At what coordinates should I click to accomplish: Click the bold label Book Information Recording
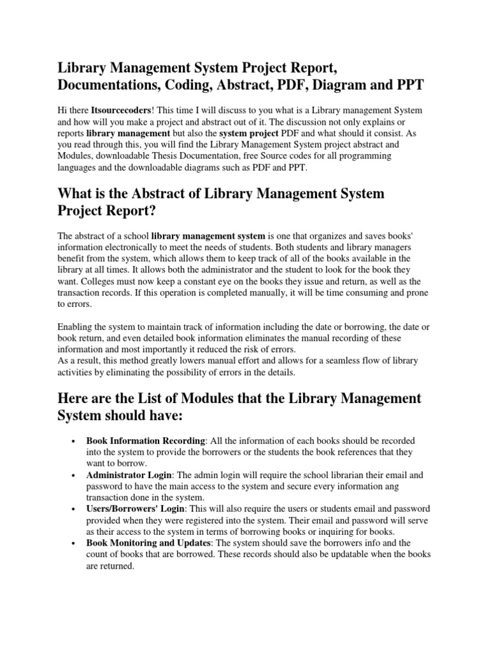pos(146,441)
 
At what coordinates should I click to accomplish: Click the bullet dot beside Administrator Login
pos(74,476)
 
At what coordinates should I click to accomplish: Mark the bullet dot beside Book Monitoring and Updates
pos(74,544)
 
